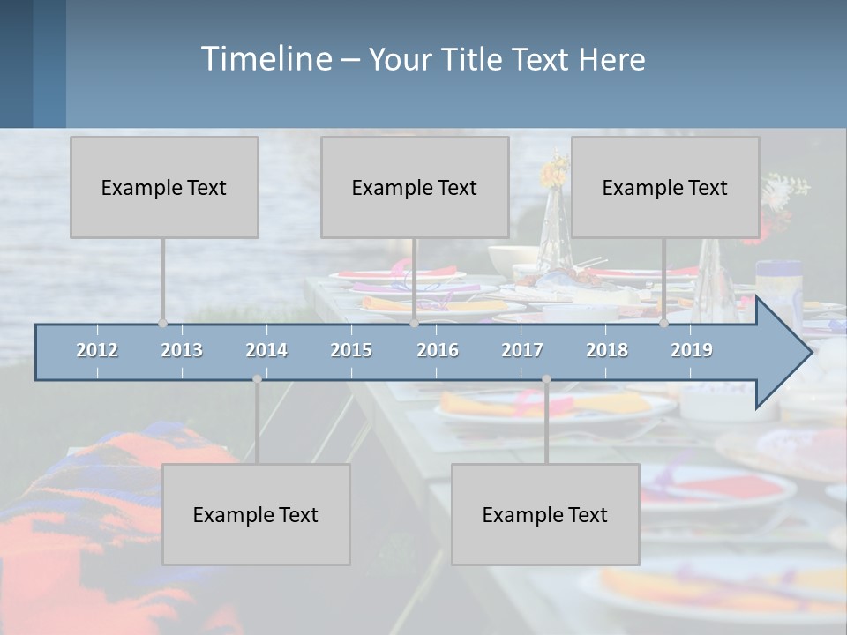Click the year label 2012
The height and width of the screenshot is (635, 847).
(x=97, y=350)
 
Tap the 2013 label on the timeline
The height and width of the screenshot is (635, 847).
(x=182, y=350)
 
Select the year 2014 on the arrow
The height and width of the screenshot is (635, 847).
(x=266, y=350)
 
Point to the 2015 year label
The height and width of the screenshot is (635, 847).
(x=351, y=350)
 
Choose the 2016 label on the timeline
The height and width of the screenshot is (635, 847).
(x=438, y=350)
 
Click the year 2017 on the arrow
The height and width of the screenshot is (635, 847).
(x=522, y=350)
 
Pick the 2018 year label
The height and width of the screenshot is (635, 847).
(x=607, y=350)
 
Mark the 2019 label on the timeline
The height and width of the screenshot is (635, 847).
(x=692, y=350)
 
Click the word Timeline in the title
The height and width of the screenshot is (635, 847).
(x=265, y=58)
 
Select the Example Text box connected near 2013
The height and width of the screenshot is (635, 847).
(x=164, y=187)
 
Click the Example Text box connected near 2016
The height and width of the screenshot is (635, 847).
(x=415, y=187)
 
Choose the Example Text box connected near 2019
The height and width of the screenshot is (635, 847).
(x=665, y=187)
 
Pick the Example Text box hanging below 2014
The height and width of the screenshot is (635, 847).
(x=256, y=514)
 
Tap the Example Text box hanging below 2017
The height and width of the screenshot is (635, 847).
(x=545, y=514)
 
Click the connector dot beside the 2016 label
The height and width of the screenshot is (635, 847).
(x=415, y=324)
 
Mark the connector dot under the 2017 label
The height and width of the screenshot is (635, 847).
(x=546, y=379)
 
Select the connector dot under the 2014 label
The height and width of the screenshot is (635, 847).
(x=257, y=379)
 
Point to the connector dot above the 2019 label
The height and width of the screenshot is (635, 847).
(x=664, y=324)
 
